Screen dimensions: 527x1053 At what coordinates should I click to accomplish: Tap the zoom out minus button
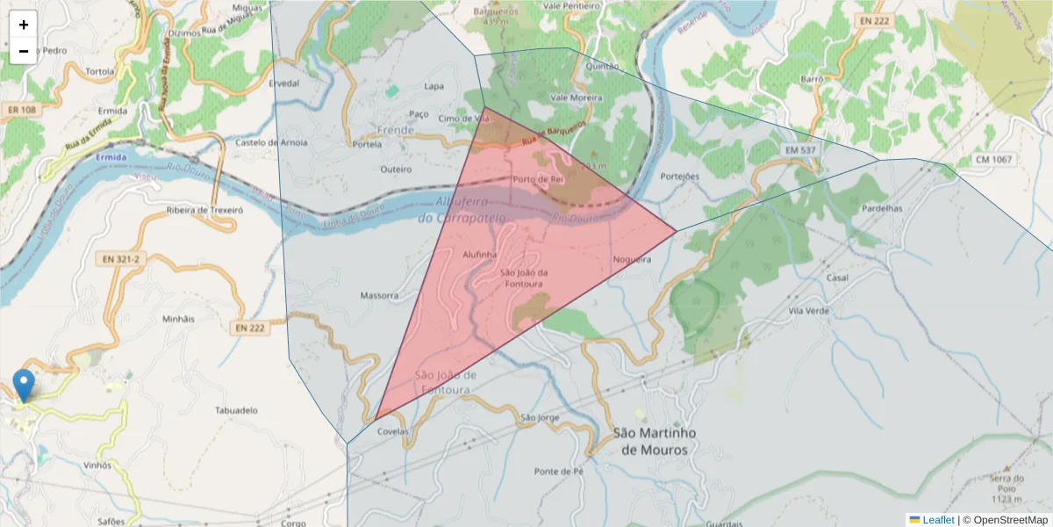click(24, 51)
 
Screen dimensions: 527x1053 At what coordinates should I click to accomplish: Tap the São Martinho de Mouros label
click(654, 441)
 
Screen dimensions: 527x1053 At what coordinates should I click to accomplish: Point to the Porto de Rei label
click(537, 179)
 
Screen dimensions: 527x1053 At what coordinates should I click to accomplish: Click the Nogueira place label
click(632, 259)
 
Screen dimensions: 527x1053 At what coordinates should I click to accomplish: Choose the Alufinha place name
click(480, 254)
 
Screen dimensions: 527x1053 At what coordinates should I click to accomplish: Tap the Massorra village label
click(379, 295)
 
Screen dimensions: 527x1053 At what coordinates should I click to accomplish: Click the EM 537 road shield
click(799, 151)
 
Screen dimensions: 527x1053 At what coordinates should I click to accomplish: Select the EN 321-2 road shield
click(120, 260)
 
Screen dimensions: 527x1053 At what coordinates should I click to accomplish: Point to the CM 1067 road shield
click(993, 160)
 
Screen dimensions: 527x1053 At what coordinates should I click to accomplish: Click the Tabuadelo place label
click(236, 410)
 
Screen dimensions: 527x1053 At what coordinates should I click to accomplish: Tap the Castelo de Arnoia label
click(271, 142)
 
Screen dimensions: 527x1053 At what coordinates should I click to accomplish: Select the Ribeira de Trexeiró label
click(204, 211)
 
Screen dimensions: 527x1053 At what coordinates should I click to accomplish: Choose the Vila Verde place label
click(809, 311)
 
